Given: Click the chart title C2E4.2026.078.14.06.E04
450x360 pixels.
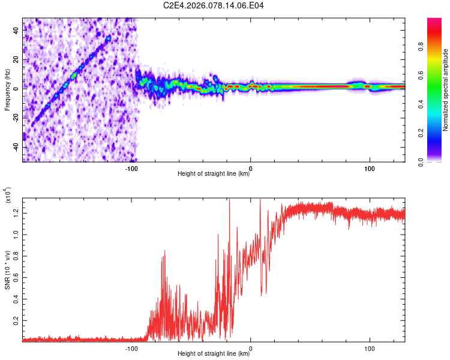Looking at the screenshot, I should pyautogui.click(x=214, y=5).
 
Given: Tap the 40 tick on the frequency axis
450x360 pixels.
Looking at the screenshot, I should pyautogui.click(x=16, y=31).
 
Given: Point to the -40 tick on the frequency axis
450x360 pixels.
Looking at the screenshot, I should pyautogui.click(x=16, y=147).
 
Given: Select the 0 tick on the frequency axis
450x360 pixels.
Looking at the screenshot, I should pyautogui.click(x=16, y=89).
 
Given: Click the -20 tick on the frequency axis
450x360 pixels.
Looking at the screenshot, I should pyautogui.click(x=16, y=118).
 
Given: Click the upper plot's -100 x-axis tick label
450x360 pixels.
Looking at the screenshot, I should pyautogui.click(x=132, y=167).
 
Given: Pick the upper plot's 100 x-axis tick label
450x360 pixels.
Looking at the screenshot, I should pyautogui.click(x=370, y=167).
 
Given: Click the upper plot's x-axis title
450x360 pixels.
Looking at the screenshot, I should pyautogui.click(x=214, y=175).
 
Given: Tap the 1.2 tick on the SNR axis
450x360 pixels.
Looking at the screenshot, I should pyautogui.click(x=16, y=212).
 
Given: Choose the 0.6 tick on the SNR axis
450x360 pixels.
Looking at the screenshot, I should pyautogui.click(x=16, y=278).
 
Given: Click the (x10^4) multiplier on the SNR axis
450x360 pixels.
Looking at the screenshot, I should pyautogui.click(x=8, y=196).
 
